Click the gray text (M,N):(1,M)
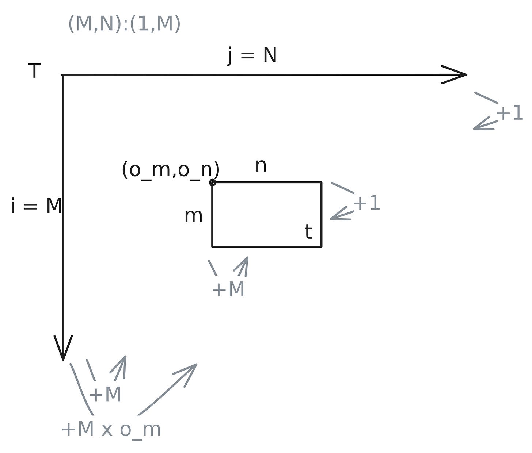click(124, 24)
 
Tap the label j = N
click(252, 56)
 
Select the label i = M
click(36, 206)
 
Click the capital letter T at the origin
click(34, 70)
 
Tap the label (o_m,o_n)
click(170, 170)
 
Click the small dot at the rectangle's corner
click(212, 182)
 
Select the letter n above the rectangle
click(261, 165)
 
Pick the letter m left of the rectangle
click(193, 216)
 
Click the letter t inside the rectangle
click(308, 232)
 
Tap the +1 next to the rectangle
click(366, 203)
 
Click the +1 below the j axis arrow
click(510, 114)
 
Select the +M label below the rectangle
click(228, 289)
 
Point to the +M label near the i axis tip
click(105, 395)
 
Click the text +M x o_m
click(111, 429)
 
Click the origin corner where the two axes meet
click(63, 75)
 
